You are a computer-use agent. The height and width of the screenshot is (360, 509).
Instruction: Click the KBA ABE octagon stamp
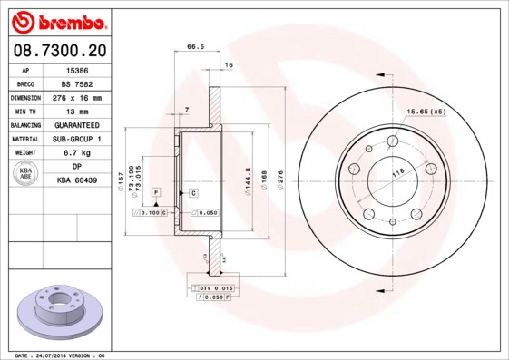(26, 173)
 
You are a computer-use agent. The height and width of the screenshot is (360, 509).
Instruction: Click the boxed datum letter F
(156, 193)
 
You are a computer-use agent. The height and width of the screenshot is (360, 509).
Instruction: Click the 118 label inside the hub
(396, 172)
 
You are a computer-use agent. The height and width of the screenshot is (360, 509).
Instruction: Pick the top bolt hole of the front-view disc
(393, 141)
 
